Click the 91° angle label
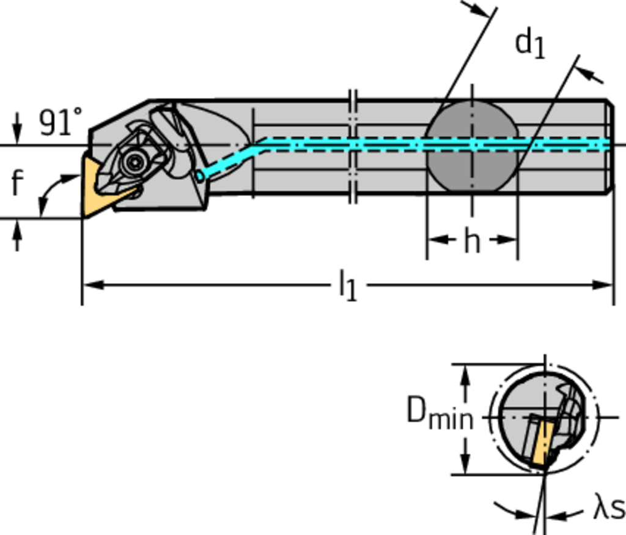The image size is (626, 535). pyautogui.click(x=60, y=122)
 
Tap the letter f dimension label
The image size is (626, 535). pyautogui.click(x=18, y=183)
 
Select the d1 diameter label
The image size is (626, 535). pyautogui.click(x=529, y=43)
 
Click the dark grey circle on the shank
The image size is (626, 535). pyautogui.click(x=472, y=147)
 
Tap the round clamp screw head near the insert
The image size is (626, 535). pyautogui.click(x=133, y=162)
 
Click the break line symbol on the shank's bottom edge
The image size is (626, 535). pyautogui.click(x=353, y=194)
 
